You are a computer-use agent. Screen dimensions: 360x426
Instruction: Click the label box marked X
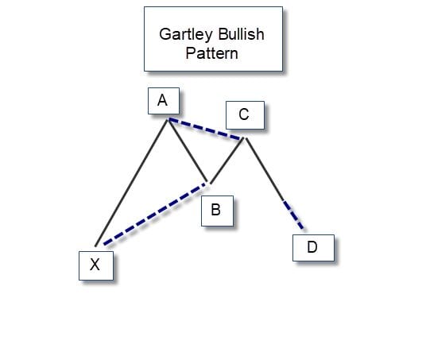point(95,265)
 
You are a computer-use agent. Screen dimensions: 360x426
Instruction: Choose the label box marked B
point(216,211)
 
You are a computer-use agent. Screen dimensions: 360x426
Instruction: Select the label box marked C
point(244,115)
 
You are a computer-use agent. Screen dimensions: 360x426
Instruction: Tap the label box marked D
point(312,247)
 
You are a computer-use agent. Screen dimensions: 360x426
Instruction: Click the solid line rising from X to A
point(132,182)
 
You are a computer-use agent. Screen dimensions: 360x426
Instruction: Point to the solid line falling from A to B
point(189,151)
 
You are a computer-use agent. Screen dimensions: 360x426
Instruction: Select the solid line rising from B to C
point(228,161)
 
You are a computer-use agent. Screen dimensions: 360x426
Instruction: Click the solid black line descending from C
point(265,168)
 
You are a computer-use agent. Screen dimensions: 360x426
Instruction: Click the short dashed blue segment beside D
point(293,214)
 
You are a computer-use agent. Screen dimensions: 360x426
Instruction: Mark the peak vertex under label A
point(168,119)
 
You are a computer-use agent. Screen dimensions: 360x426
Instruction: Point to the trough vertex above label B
point(210,184)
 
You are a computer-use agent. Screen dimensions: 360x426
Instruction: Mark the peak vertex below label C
point(246,139)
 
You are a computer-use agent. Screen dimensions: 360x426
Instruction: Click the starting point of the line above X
point(96,246)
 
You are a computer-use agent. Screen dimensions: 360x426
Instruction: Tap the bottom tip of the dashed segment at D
point(303,230)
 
